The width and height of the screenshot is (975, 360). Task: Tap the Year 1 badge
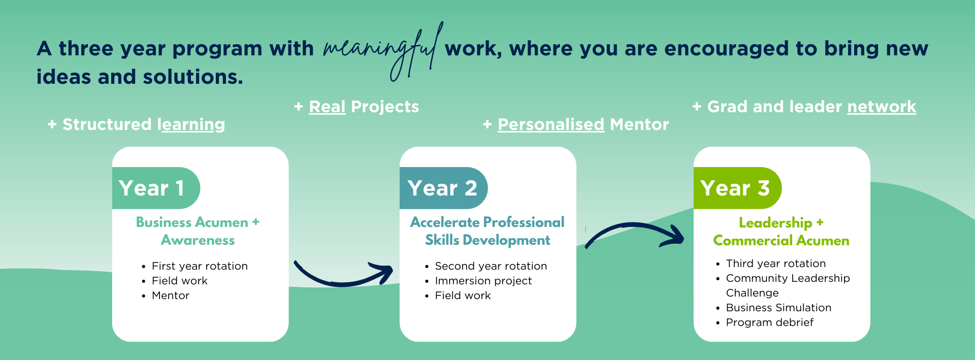tap(156, 188)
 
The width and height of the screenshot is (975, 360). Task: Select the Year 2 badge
tap(443, 188)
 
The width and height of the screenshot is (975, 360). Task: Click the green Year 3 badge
tap(737, 188)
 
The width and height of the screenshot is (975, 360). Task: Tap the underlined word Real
tap(327, 107)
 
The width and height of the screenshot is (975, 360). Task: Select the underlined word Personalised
tap(551, 124)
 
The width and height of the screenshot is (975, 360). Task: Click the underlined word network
tap(882, 107)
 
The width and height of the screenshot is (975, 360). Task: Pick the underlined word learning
tap(191, 125)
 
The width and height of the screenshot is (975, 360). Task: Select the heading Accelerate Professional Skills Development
tap(487, 231)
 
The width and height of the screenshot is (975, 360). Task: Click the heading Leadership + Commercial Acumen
tap(781, 232)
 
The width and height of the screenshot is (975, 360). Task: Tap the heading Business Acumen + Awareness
tap(198, 231)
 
